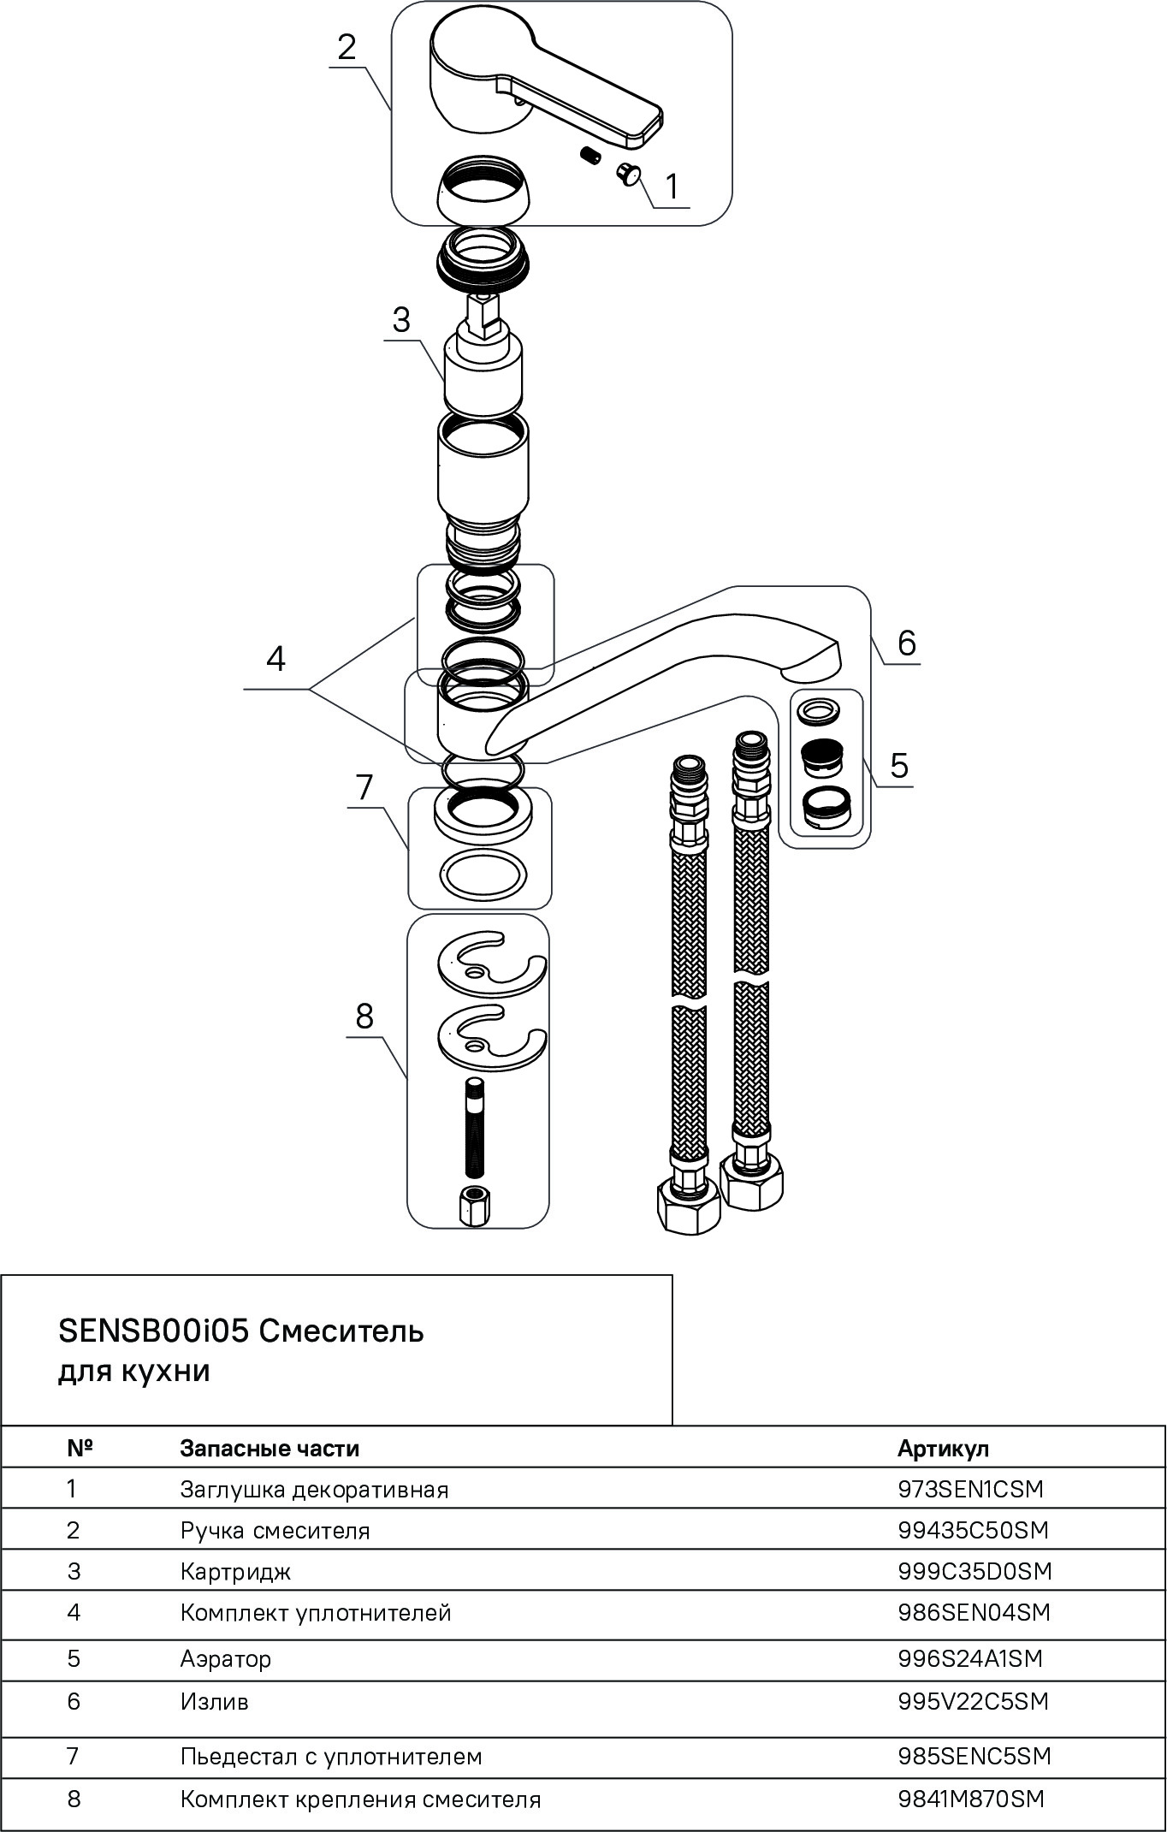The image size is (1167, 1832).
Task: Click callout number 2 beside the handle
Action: [346, 47]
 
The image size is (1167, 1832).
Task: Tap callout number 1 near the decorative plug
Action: [672, 186]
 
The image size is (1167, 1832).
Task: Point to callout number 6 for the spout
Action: [906, 642]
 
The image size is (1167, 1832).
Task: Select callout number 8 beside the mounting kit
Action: [364, 1017]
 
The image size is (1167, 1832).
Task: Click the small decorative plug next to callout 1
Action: [629, 174]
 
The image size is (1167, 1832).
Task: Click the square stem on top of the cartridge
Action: [482, 311]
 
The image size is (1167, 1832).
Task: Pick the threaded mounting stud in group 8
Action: [475, 1128]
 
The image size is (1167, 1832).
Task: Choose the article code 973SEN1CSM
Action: [970, 1490]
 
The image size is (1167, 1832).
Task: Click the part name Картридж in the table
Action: [235, 1572]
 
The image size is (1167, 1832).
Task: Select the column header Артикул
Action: [943, 1449]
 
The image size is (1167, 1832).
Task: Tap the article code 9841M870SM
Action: [971, 1799]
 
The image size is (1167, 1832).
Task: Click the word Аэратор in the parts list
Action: [226, 1659]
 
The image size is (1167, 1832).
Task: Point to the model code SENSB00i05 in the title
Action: [153, 1331]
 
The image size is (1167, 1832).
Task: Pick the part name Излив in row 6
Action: [214, 1702]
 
